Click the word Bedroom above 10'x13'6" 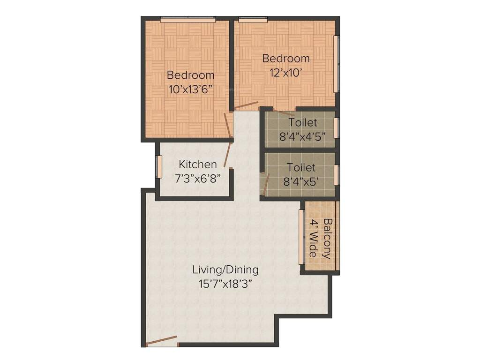(x=190, y=75)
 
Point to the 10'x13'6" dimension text (x=190, y=90)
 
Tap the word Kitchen (x=198, y=165)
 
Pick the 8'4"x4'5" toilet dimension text (x=302, y=136)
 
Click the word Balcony (x=327, y=239)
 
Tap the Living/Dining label (x=225, y=270)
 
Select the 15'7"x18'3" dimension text (x=225, y=284)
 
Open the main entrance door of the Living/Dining (x=162, y=341)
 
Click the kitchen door (x=227, y=154)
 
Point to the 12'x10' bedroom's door (x=246, y=105)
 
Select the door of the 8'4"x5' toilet (x=265, y=184)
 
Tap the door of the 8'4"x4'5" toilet (x=284, y=112)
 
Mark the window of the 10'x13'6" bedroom (x=187, y=20)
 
